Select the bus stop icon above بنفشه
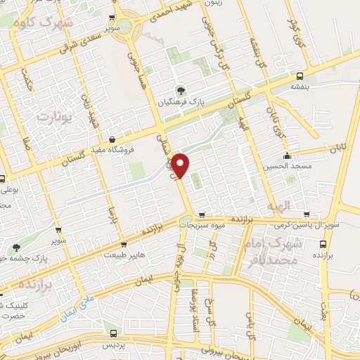[301, 75]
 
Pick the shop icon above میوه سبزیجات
[202, 215]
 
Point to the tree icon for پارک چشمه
[16, 247]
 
